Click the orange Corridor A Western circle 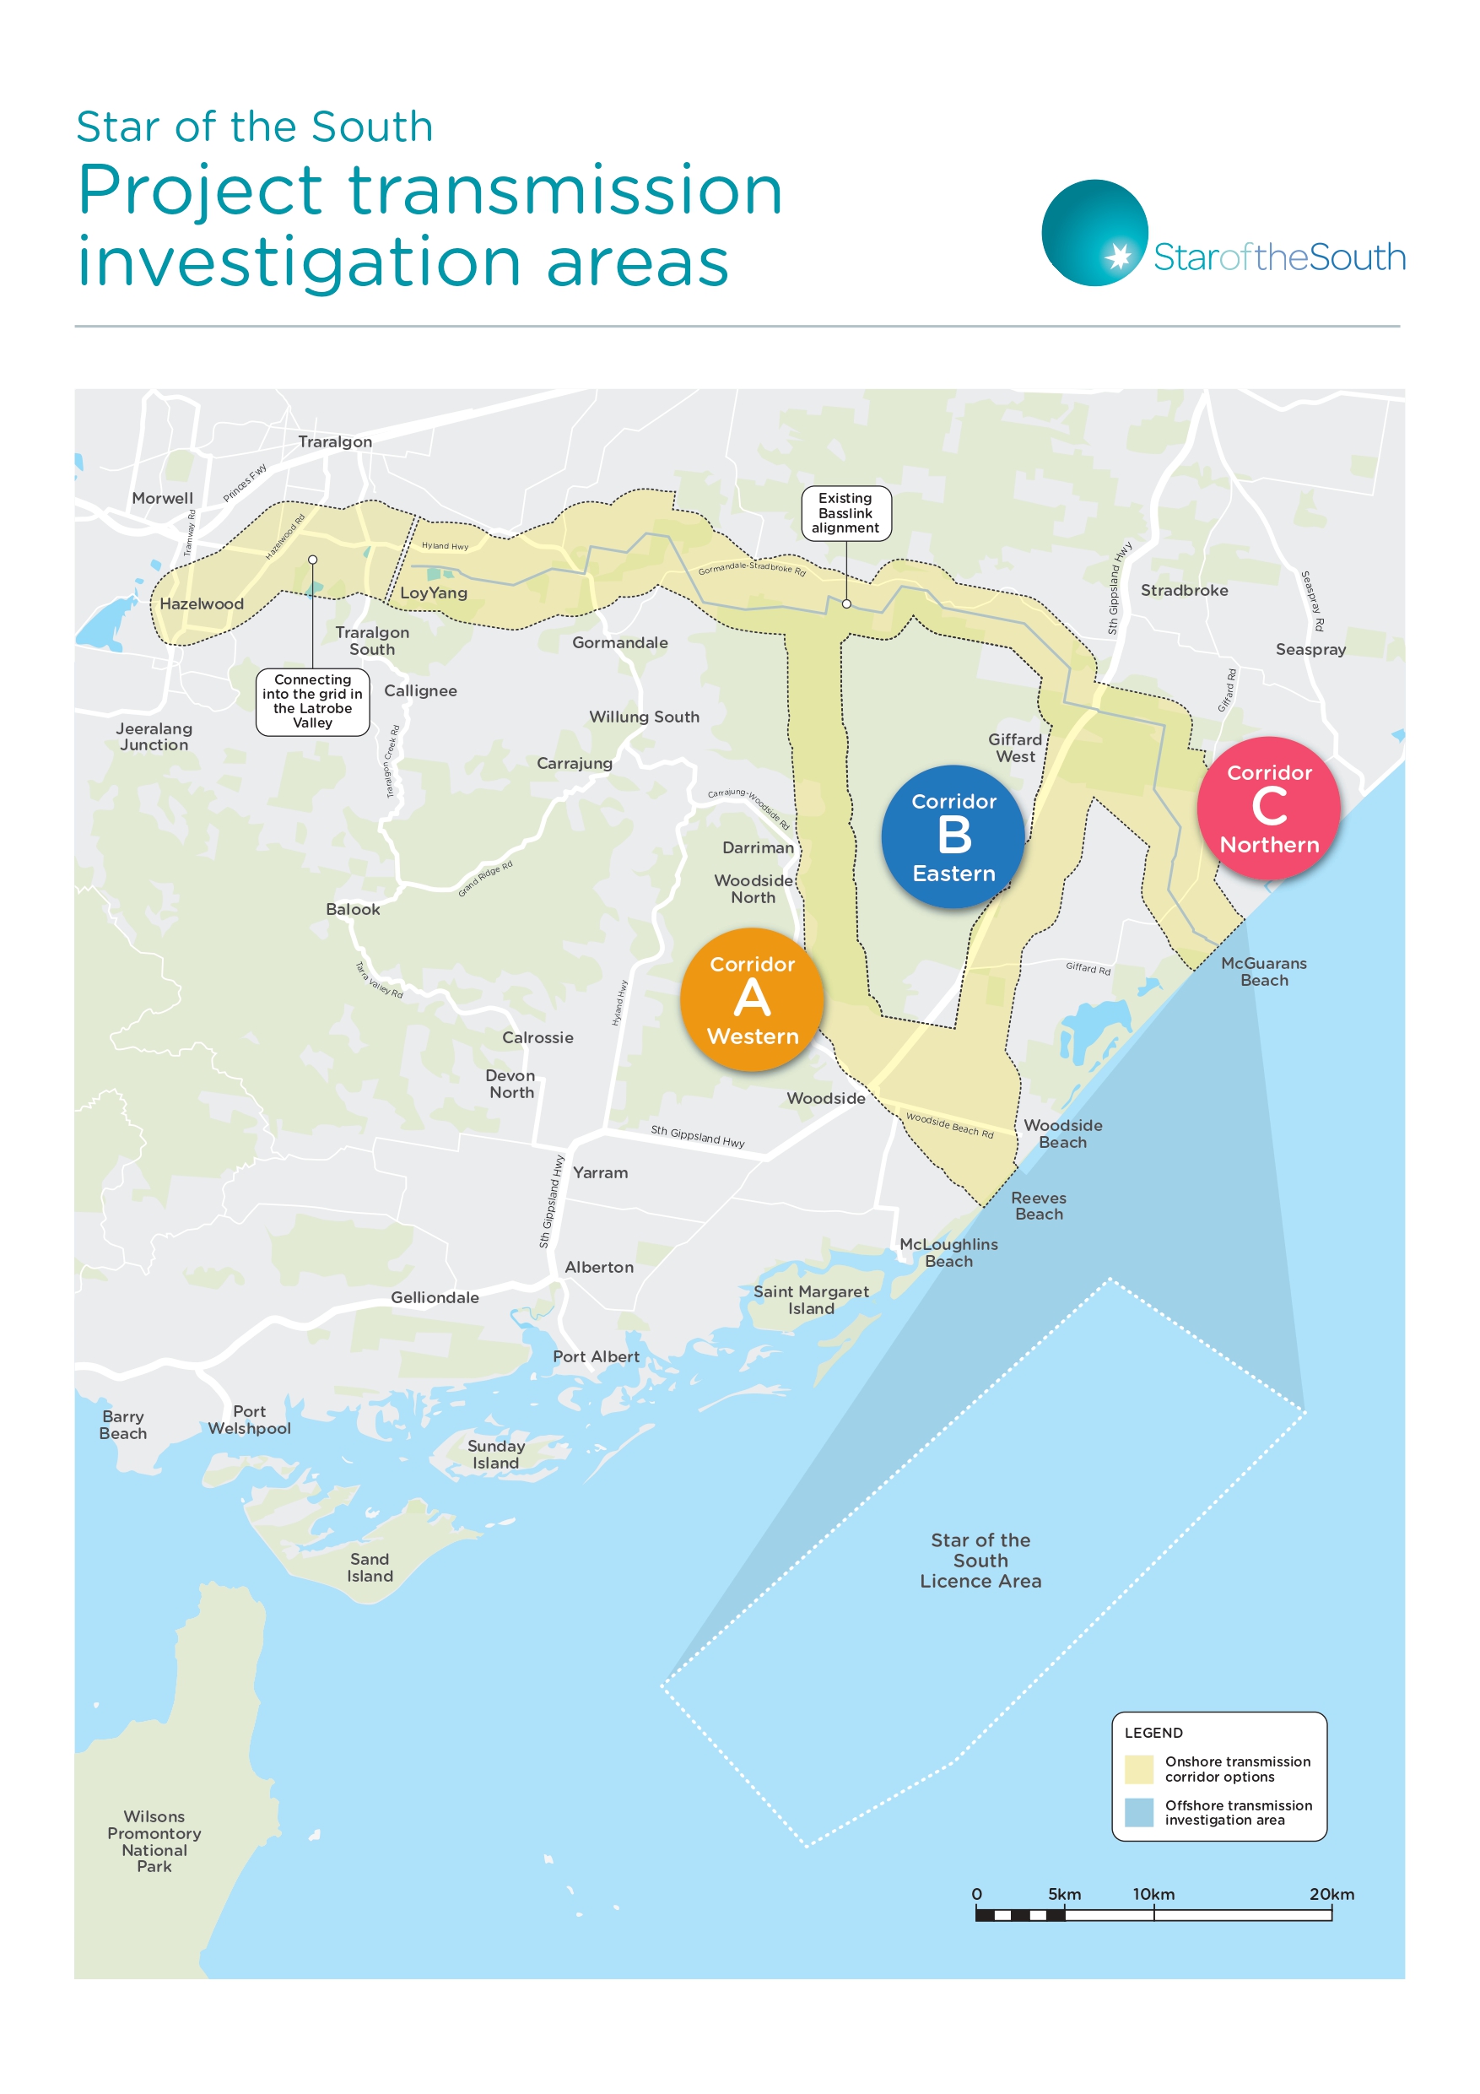tap(752, 999)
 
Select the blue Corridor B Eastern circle tap(953, 836)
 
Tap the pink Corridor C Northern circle tap(1268, 808)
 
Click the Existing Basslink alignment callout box tap(845, 513)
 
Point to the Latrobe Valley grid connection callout tap(312, 701)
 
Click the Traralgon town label tap(335, 442)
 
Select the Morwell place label tap(162, 499)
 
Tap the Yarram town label tap(600, 1173)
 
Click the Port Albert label tap(596, 1357)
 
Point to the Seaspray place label tap(1310, 650)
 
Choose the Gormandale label tap(619, 643)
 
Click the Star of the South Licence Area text tap(980, 1561)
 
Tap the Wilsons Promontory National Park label tap(154, 1842)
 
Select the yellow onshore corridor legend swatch tap(1139, 1769)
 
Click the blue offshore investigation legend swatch tap(1139, 1812)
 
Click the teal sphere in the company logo tap(1094, 233)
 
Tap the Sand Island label tap(370, 1568)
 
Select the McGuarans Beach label tap(1263, 972)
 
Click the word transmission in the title tap(565, 191)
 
